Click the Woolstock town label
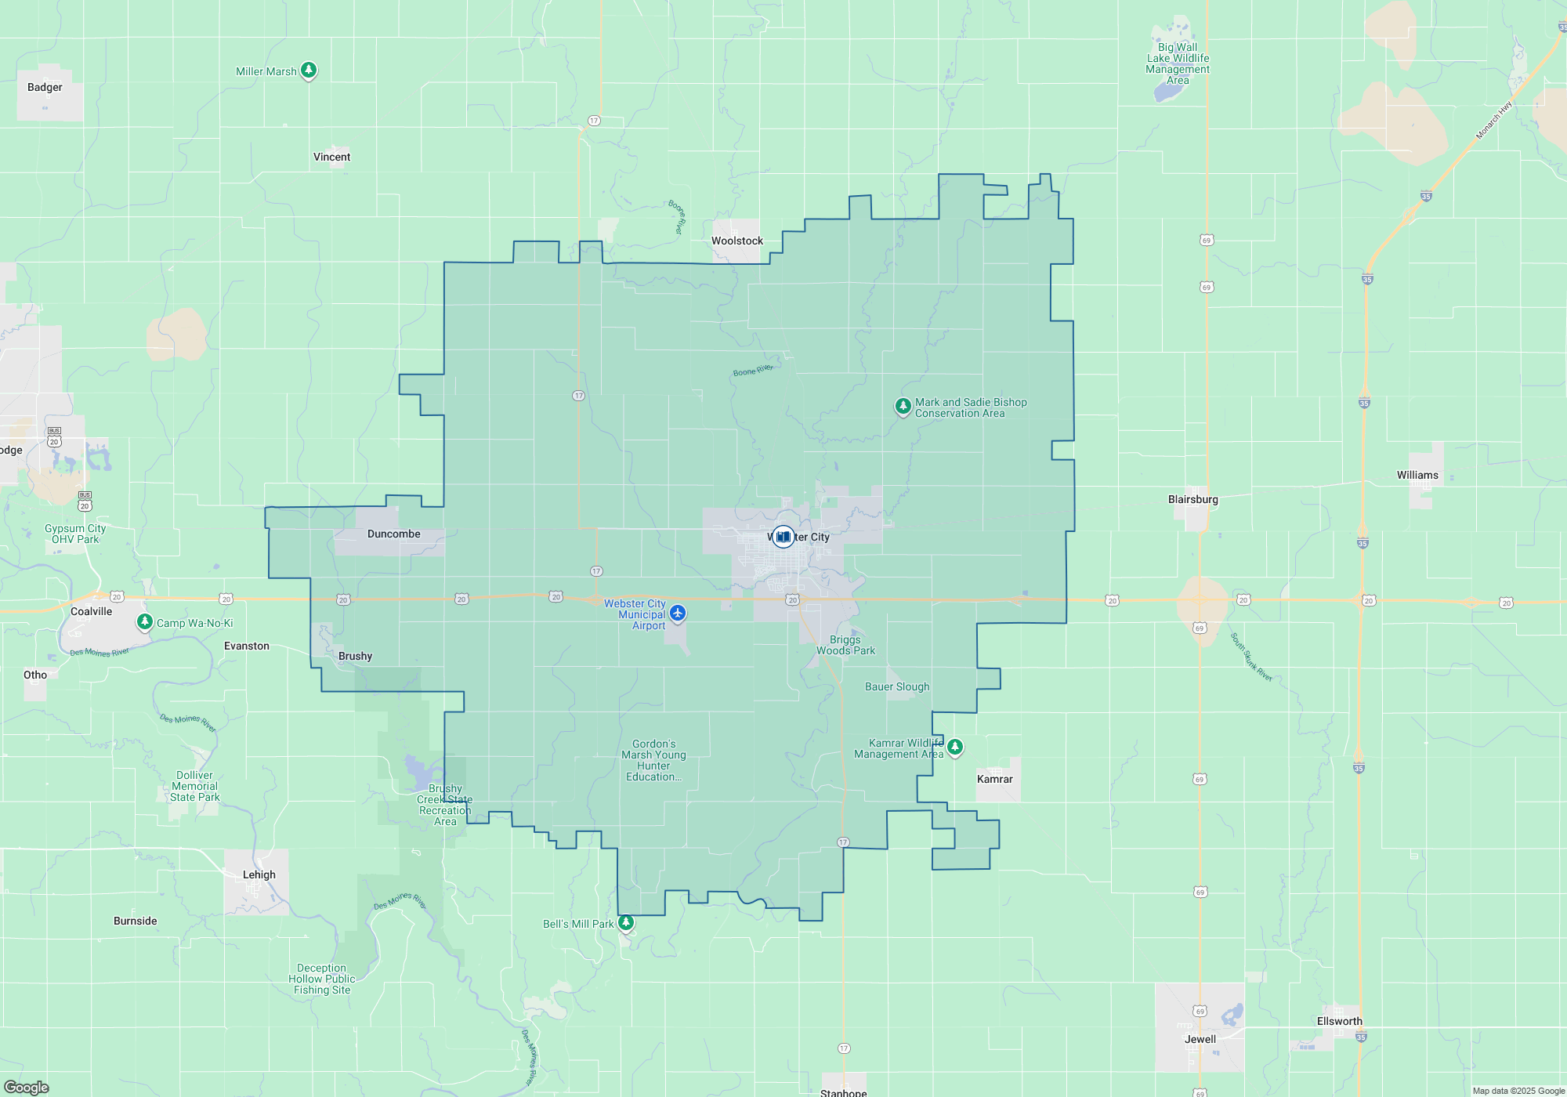(x=736, y=241)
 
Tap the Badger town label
(x=45, y=87)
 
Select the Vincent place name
(x=331, y=157)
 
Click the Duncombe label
(x=393, y=534)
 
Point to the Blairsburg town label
(x=1192, y=499)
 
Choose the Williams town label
(x=1417, y=475)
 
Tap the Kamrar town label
(x=994, y=779)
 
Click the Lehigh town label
(x=259, y=874)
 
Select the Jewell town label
(x=1200, y=1039)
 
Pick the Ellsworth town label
(x=1339, y=1021)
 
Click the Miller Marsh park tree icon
(x=309, y=70)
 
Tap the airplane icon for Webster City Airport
(x=678, y=613)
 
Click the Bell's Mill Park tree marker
(x=625, y=922)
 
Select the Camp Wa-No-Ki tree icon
(x=144, y=621)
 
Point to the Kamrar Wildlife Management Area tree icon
(x=954, y=746)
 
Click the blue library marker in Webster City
(x=783, y=537)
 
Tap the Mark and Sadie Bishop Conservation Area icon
(x=903, y=406)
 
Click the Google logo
(x=27, y=1087)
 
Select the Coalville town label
(x=91, y=611)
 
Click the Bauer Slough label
(x=897, y=686)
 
